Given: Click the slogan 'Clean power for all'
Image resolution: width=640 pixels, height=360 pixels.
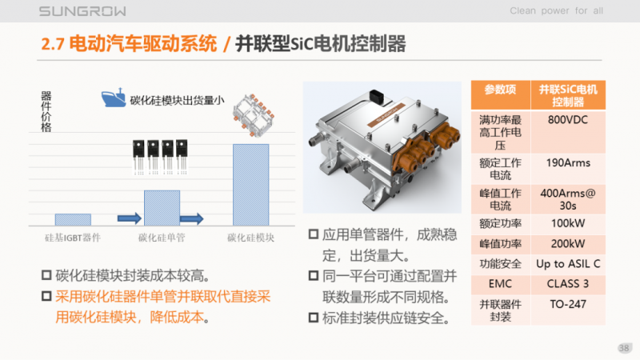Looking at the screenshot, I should [556, 11].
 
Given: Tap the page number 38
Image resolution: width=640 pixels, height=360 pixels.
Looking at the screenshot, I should [625, 347].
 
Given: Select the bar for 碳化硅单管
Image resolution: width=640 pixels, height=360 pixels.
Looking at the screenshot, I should [162, 207].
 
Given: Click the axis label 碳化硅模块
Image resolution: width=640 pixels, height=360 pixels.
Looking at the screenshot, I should [250, 238].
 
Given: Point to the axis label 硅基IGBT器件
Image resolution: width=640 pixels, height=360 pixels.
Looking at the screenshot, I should [73, 238].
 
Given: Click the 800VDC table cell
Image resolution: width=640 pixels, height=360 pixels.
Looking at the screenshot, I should [569, 119].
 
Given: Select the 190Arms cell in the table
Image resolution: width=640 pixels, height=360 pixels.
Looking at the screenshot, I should [569, 162].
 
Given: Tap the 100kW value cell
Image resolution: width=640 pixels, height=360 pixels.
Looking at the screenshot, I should [569, 222].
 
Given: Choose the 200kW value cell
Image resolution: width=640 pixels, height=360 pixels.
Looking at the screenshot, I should [569, 243].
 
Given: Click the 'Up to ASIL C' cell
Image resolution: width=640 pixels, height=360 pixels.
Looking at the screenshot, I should [569, 263].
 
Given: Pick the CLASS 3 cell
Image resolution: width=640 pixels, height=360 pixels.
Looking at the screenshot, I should [569, 283].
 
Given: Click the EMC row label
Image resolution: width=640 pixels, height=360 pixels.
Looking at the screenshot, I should [501, 283].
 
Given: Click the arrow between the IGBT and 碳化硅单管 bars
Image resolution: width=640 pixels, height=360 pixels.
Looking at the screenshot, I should [129, 218].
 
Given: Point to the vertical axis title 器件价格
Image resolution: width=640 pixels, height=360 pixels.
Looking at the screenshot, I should [46, 111].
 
